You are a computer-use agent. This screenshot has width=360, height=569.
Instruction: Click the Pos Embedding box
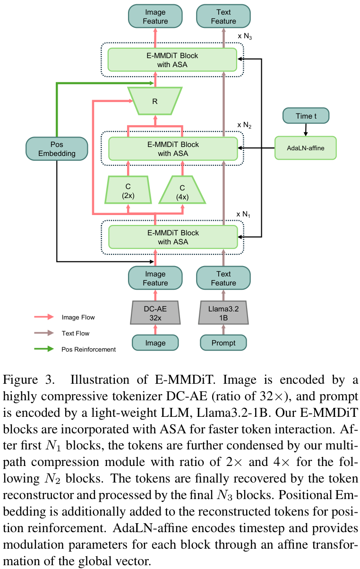coord(57,149)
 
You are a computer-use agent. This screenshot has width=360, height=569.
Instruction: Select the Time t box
coord(306,115)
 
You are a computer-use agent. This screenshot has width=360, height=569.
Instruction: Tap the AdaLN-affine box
coord(305,148)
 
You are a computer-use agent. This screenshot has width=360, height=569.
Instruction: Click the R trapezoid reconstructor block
coord(155,101)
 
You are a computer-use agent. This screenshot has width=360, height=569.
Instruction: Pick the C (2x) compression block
coord(127,190)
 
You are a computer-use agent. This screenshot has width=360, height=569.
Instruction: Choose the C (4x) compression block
coord(182,190)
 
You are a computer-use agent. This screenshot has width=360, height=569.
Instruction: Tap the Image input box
coord(155,343)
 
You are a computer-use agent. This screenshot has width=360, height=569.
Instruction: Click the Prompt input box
coord(223,343)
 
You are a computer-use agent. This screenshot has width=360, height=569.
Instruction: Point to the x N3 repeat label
coord(244,36)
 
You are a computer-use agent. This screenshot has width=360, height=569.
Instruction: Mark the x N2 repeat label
coord(244,125)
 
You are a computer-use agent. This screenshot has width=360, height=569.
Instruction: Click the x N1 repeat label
coord(244,214)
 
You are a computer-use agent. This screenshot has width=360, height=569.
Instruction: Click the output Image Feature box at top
coord(155,17)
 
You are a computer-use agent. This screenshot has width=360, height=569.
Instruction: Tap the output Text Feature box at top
coord(223,17)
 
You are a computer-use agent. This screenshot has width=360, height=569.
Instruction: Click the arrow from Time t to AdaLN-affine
coord(306,129)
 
